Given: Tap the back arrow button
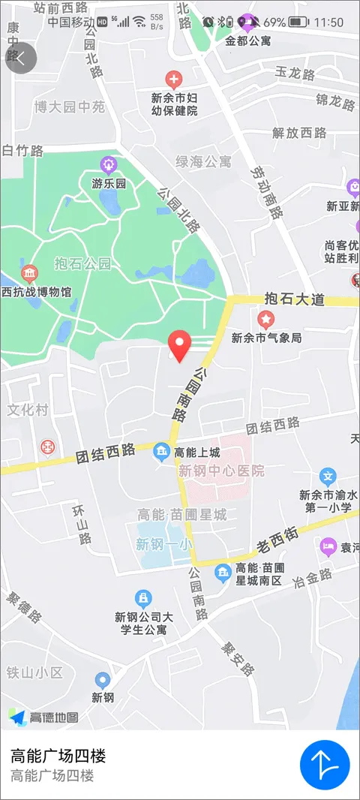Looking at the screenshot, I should point(20,59).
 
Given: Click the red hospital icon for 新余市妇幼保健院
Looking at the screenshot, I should point(174,78).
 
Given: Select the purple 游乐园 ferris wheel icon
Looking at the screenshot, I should point(109,164).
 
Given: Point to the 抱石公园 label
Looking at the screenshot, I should point(82,263).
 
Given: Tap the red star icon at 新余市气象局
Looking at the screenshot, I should point(265,320).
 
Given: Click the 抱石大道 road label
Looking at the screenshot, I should point(295,299).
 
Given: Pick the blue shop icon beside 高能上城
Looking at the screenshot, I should point(161,452).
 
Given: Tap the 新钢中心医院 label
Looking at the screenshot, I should point(221,471).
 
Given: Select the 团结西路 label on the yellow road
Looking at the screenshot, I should point(105,453).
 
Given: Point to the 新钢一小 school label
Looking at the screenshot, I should point(163,545).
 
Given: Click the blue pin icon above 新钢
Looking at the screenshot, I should point(103,680).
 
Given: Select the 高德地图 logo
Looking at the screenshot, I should point(43,717).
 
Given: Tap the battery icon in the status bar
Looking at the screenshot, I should point(298,23).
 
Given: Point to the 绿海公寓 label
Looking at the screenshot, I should point(203,161).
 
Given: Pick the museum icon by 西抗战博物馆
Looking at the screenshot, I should point(29,272).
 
